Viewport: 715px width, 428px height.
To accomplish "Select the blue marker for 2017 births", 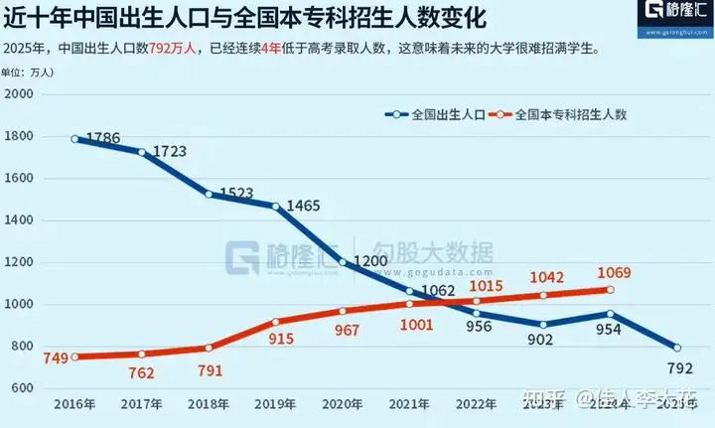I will pyautogui.click(x=142, y=152).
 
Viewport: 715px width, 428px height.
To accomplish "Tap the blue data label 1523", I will pyautogui.click(x=240, y=192).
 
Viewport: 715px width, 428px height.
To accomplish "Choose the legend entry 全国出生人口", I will pyautogui.click(x=436, y=114).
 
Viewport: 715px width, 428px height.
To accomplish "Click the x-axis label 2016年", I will pyautogui.click(x=75, y=405).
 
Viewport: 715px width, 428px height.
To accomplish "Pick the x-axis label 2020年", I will pyautogui.click(x=343, y=405).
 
